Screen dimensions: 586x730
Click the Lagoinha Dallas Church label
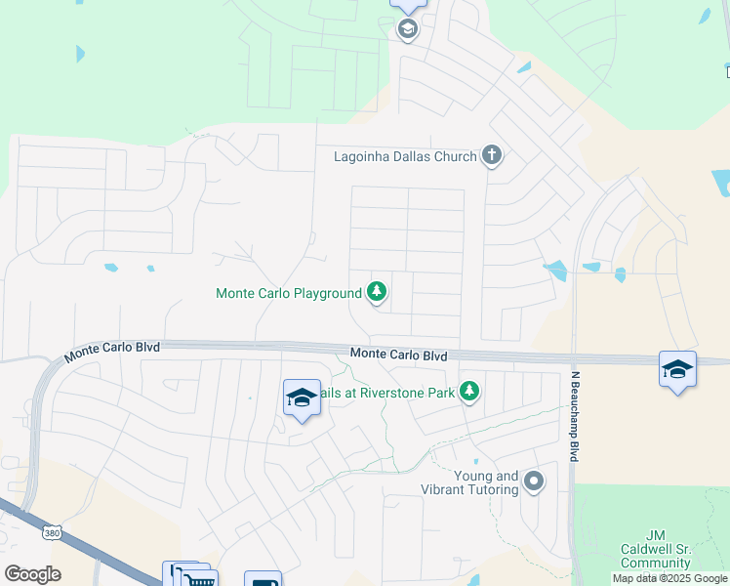tap(405, 156)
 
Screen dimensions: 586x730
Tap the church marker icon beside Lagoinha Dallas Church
tap(492, 156)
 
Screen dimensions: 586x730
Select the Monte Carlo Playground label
tap(288, 293)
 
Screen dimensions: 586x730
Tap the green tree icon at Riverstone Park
tap(469, 392)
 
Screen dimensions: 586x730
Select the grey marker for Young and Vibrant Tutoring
tap(534, 481)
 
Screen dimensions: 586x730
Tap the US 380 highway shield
tap(52, 532)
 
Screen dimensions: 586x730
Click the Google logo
tap(33, 574)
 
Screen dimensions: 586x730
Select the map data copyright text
tap(670, 579)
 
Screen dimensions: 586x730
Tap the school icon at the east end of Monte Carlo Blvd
tap(677, 369)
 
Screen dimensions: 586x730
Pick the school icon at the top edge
tap(407, 28)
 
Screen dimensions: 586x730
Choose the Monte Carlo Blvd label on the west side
tap(112, 352)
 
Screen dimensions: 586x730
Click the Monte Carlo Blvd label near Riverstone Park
tap(398, 356)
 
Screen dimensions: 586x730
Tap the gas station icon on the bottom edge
tap(263, 581)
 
